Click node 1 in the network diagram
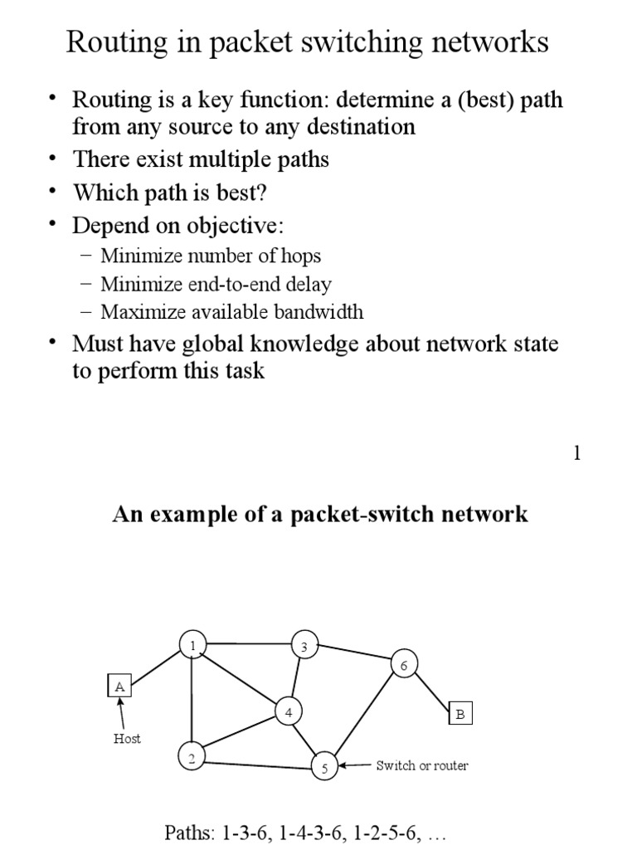tap(192, 645)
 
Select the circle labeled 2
tap(192, 756)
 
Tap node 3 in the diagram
tap(304, 646)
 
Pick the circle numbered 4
tap(289, 712)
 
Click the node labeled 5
tap(324, 767)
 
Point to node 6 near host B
tap(404, 664)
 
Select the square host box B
tap(460, 713)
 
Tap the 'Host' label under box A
tap(127, 739)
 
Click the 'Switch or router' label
tap(421, 765)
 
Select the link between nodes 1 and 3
tap(248, 644)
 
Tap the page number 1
tap(577, 453)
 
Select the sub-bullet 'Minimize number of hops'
tap(211, 256)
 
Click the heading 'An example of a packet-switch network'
tap(319, 515)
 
